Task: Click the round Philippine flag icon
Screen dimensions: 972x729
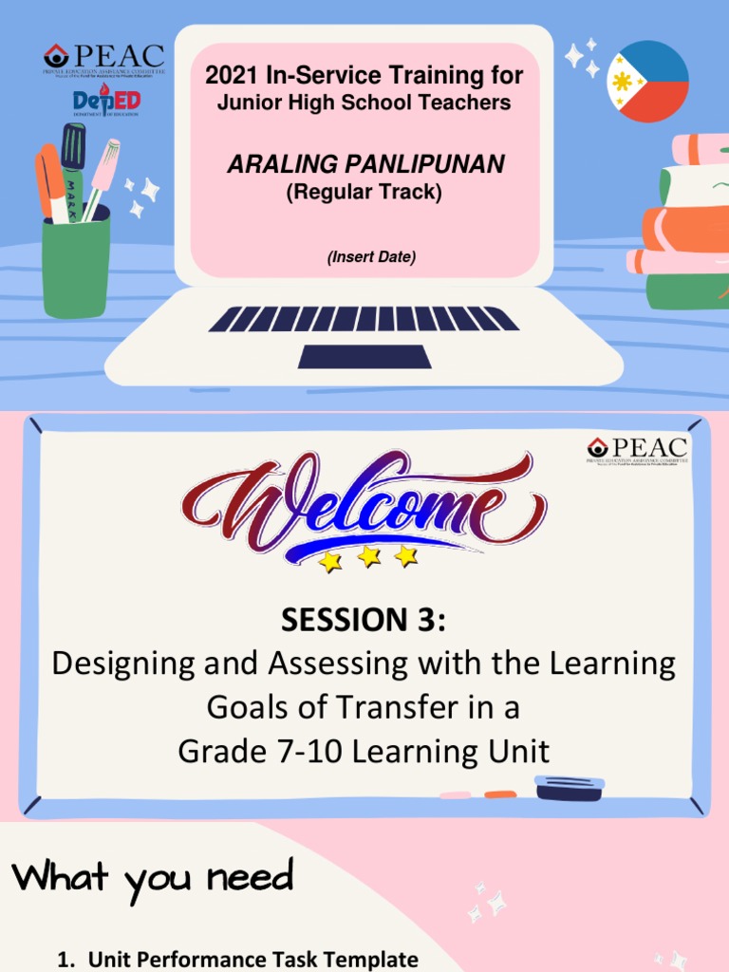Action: tap(647, 82)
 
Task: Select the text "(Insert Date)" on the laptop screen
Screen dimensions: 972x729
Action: tap(364, 257)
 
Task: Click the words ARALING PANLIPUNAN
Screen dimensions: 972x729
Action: tap(364, 165)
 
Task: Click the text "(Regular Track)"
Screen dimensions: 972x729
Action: tap(364, 192)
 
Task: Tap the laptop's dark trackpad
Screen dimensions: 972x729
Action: tap(364, 357)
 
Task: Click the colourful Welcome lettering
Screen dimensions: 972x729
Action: tap(364, 503)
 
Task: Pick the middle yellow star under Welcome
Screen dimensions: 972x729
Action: tap(368, 557)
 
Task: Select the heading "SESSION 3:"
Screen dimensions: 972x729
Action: tap(363, 620)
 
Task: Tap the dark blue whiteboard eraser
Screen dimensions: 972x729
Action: tap(569, 789)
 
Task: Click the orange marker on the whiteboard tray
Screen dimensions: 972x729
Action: tap(500, 794)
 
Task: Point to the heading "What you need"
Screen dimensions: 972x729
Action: tap(153, 877)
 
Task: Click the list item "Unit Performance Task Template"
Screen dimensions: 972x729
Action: tap(252, 960)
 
